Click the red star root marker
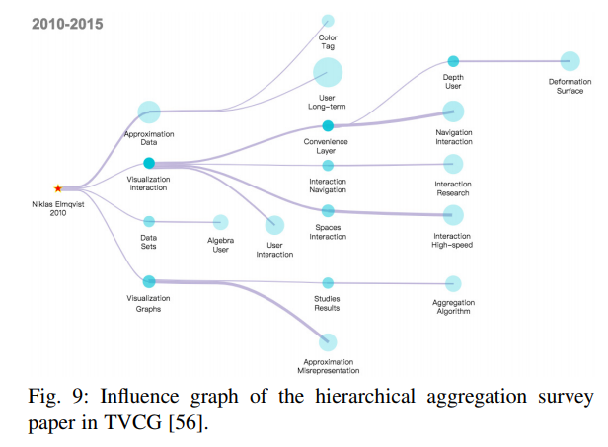(x=58, y=187)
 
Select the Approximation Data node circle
(x=148, y=112)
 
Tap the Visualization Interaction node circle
(x=148, y=163)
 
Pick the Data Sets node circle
(x=149, y=222)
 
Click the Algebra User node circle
(x=220, y=223)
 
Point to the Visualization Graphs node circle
(x=148, y=281)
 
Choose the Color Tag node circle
(x=328, y=21)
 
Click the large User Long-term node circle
(x=328, y=72)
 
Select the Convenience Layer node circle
(x=328, y=125)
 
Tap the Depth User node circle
(x=453, y=61)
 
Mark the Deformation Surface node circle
(x=570, y=61)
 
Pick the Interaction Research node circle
(x=453, y=164)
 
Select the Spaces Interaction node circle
(x=328, y=210)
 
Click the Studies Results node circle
(x=328, y=283)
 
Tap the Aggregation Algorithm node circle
(x=453, y=284)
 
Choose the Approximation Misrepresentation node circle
(x=328, y=342)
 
